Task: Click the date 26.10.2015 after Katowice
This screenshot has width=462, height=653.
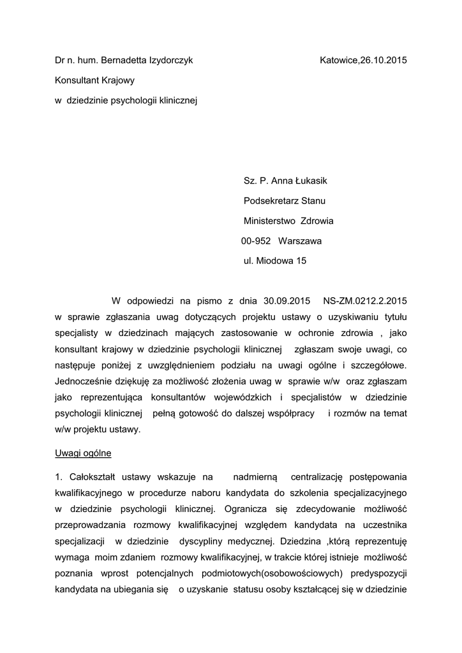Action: pyautogui.click(x=384, y=61)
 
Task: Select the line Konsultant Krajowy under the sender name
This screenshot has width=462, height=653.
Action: pyautogui.click(x=94, y=80)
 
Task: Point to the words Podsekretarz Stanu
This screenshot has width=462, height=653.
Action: pyautogui.click(x=285, y=202)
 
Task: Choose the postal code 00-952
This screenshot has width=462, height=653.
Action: pyautogui.click(x=256, y=241)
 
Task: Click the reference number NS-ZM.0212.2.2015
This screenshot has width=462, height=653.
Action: pyautogui.click(x=365, y=300)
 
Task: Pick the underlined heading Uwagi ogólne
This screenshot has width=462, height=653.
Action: pyautogui.click(x=83, y=453)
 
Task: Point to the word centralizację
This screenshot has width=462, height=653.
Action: pyautogui.click(x=317, y=476)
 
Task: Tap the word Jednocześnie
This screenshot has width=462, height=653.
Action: pyautogui.click(x=84, y=381)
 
